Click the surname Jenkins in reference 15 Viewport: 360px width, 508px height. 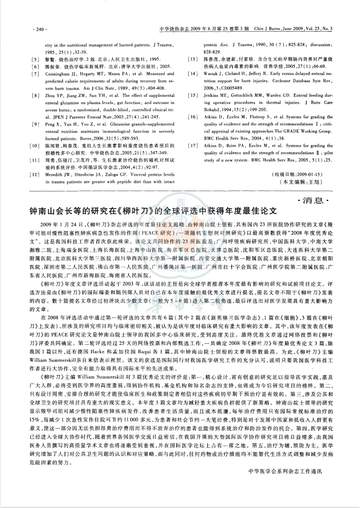pos(213,110)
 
